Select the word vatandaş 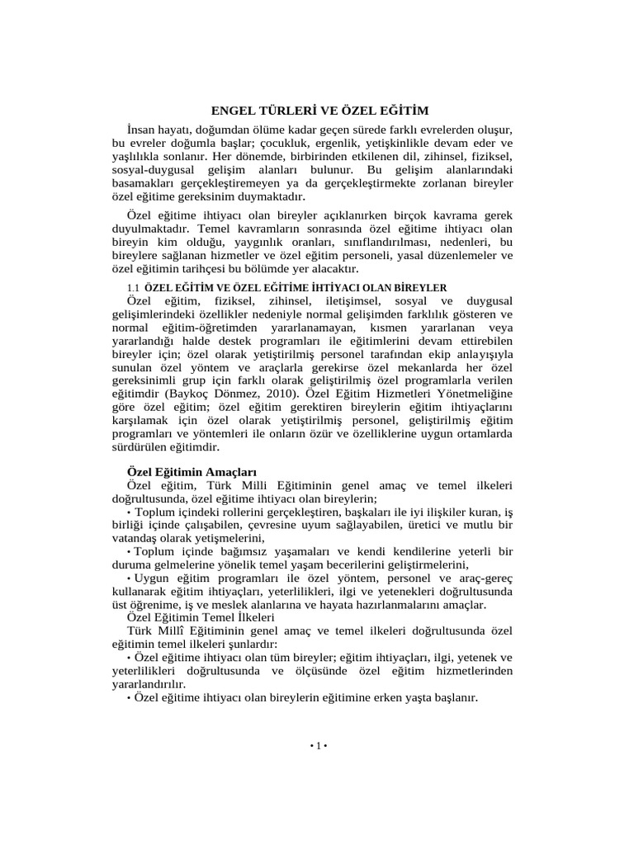(136, 537)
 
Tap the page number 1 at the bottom (318, 746)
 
